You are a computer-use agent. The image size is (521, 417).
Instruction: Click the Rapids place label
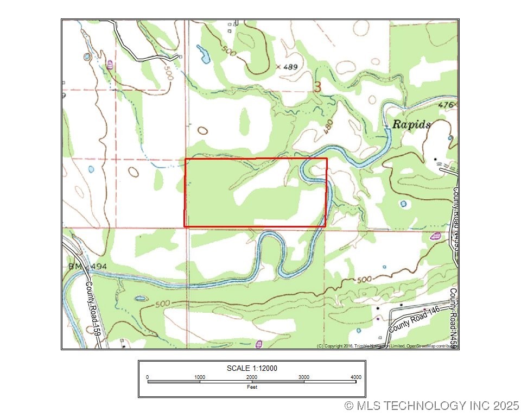click(411, 124)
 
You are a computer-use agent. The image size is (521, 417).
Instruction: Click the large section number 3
click(317, 87)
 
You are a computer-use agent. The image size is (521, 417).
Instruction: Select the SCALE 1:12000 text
click(252, 368)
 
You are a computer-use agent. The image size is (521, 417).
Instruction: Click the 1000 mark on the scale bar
click(200, 377)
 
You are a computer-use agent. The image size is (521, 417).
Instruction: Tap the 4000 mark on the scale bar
click(355, 377)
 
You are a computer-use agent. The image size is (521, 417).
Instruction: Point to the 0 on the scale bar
click(148, 377)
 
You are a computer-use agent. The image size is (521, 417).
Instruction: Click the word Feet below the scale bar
click(252, 387)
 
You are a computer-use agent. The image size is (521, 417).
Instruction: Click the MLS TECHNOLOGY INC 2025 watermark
click(432, 406)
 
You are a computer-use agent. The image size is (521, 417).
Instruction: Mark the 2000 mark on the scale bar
click(252, 377)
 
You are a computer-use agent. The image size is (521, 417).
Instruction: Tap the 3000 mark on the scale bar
click(303, 377)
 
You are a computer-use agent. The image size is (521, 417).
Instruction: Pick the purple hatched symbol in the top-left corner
click(110, 64)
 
